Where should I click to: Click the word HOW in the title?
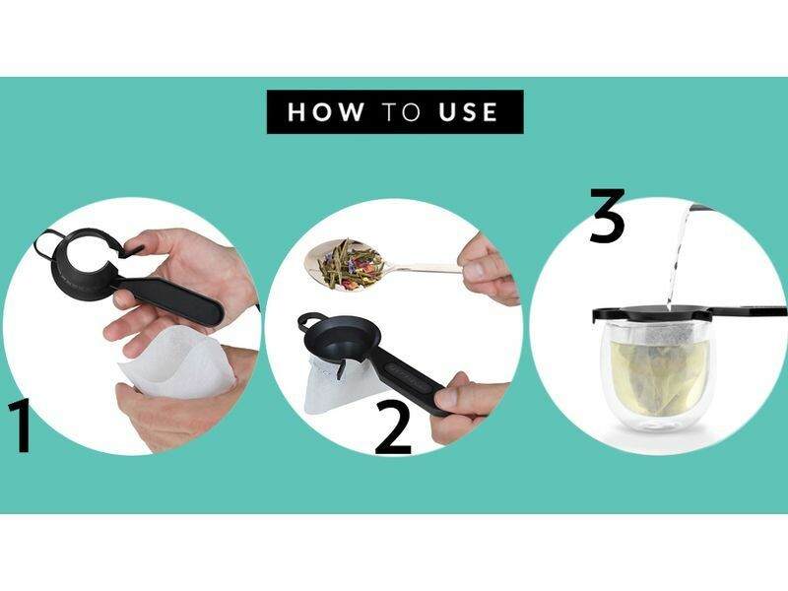click(x=326, y=111)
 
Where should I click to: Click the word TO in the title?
click(x=401, y=111)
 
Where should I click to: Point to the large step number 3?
click(x=608, y=215)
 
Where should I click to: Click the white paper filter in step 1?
click(x=176, y=361)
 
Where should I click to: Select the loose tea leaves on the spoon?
click(x=351, y=263)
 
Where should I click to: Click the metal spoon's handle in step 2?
click(x=427, y=269)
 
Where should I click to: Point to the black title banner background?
click(x=395, y=111)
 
